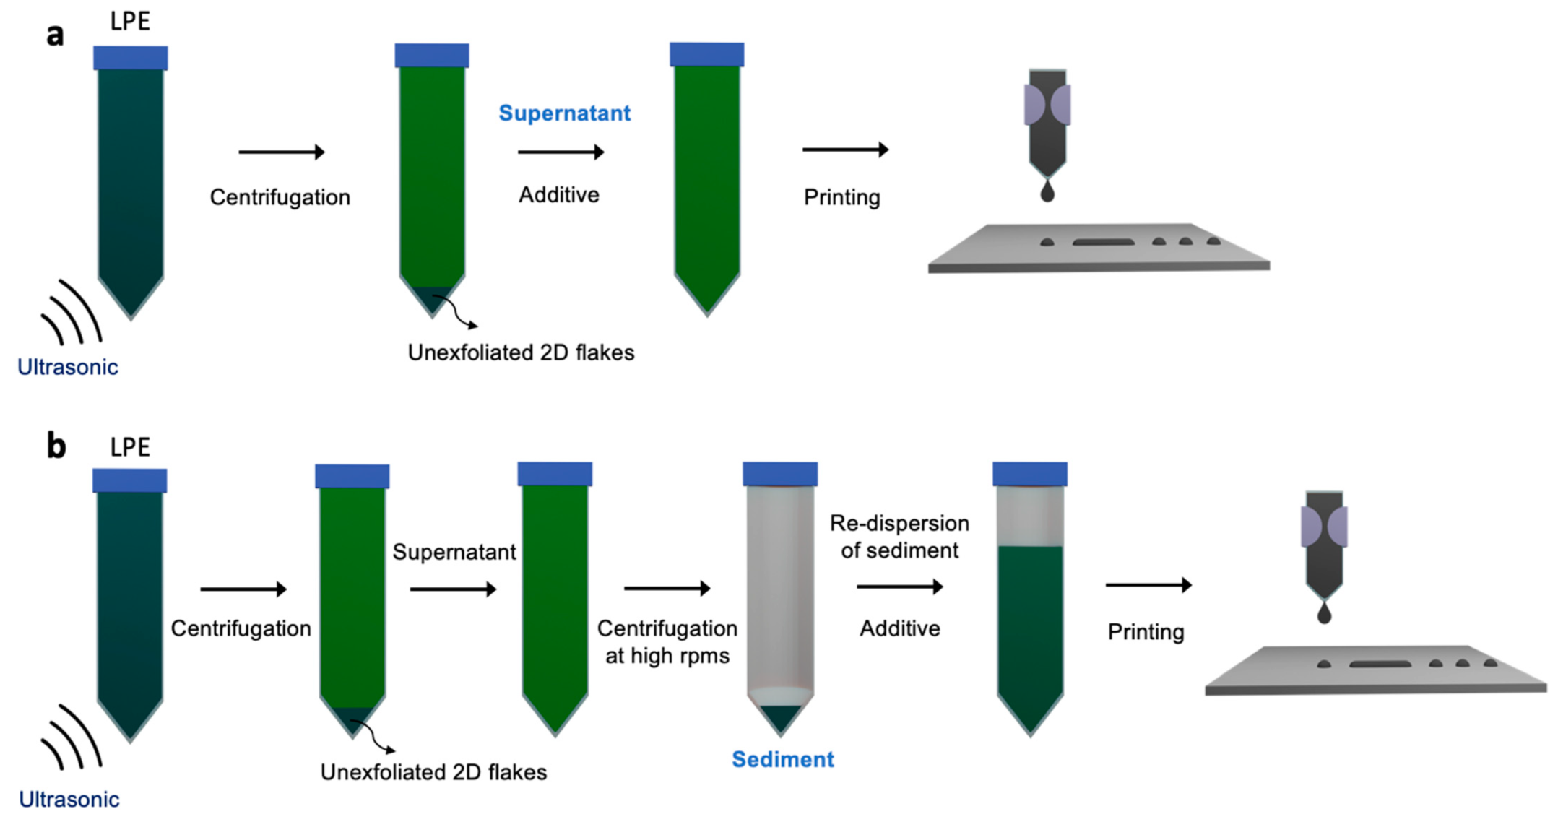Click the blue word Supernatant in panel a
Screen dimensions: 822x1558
click(x=564, y=113)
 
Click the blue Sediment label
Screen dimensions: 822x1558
click(x=782, y=759)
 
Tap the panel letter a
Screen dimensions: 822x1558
click(x=55, y=34)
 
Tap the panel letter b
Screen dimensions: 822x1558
click(x=56, y=446)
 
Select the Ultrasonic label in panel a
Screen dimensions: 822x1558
click(x=67, y=367)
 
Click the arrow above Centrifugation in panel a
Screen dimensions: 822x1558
click(x=281, y=152)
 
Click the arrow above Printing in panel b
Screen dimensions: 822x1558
click(x=1148, y=584)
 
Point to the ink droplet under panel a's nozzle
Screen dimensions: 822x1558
click(x=1047, y=192)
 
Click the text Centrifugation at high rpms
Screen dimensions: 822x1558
click(x=667, y=641)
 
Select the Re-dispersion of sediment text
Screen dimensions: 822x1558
click(x=899, y=537)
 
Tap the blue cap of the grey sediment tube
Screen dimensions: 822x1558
click(x=780, y=474)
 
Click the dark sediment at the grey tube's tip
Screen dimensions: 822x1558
click(x=780, y=717)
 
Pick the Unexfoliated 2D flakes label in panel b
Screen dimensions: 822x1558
click(x=433, y=772)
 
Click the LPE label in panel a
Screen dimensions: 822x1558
click(x=130, y=22)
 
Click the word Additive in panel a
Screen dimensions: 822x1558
click(x=558, y=195)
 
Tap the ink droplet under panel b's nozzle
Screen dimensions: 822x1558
click(x=1324, y=614)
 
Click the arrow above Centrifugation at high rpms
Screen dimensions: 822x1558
click(x=667, y=589)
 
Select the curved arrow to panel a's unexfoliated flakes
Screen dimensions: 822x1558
click(x=458, y=313)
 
